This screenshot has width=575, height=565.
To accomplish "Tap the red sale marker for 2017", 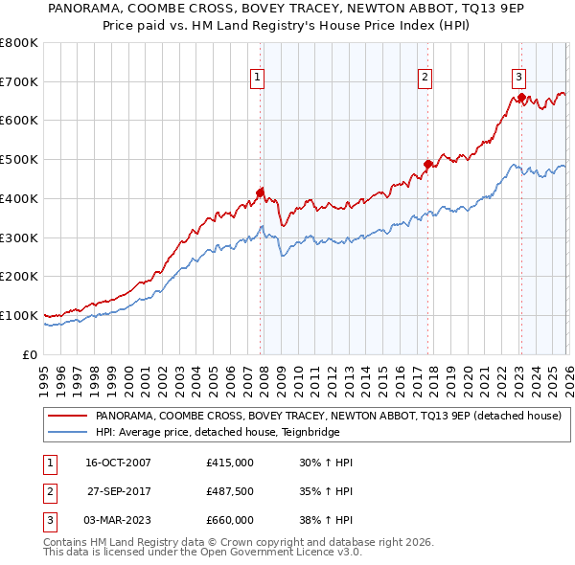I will pyautogui.click(x=427, y=164).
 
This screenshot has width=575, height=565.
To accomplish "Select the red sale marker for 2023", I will pyautogui.click(x=520, y=97).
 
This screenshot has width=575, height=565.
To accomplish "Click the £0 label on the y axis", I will pyautogui.click(x=29, y=354).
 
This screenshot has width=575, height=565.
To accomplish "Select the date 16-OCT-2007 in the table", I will pyautogui.click(x=118, y=463).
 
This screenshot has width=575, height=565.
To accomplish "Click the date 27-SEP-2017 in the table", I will pyautogui.click(x=118, y=491).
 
